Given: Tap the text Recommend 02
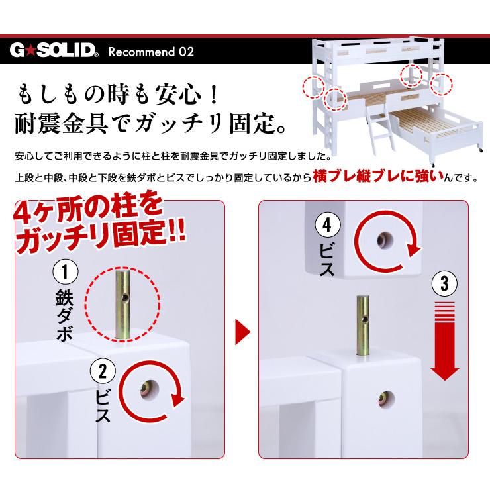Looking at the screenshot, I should coord(150,52).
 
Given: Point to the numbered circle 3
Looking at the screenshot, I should coord(444,285).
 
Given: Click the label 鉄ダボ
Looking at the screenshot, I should coord(65,317).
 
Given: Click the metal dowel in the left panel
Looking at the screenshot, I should coord(124,305).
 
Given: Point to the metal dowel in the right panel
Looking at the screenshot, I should coord(362,325).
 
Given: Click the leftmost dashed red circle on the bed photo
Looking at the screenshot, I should coord(313,87).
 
